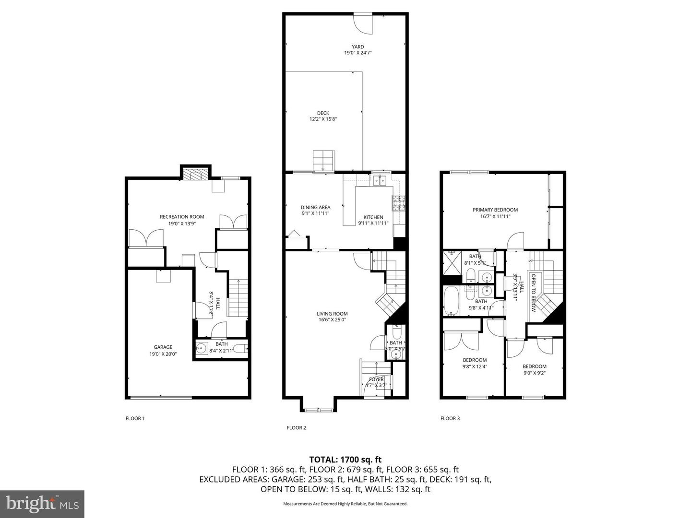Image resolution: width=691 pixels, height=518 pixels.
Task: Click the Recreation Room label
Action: coord(182,217)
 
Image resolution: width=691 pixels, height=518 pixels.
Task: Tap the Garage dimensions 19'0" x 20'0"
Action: coord(163,354)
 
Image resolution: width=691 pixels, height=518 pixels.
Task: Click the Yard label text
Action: coord(357,47)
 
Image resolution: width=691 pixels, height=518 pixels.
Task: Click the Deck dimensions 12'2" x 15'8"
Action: coord(323,119)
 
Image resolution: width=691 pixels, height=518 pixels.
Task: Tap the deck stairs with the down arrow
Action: coord(323,161)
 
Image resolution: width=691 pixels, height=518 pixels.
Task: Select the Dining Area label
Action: coord(315,207)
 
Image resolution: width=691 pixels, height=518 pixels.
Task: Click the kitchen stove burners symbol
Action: coord(399,203)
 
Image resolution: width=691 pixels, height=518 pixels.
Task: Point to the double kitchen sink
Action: coord(380,180)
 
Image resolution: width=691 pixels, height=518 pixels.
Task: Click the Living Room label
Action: coord(332,314)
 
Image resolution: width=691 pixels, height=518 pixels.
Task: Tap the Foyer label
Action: coord(376,379)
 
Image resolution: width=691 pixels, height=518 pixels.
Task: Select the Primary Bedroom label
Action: coord(495,210)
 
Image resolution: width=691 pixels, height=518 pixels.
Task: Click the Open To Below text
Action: coord(533,293)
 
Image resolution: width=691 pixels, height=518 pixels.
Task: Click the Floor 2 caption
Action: coord(296,428)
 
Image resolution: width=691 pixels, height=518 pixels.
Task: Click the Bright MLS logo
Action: coord(42,504)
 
